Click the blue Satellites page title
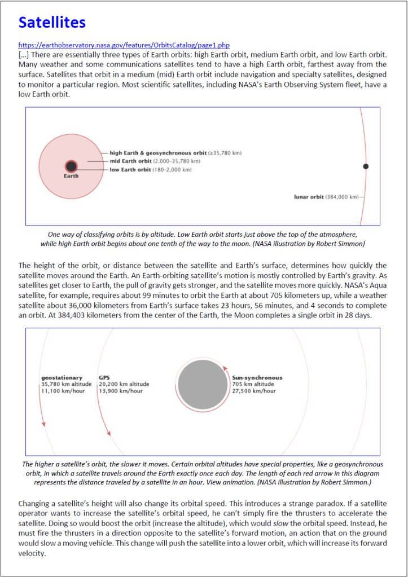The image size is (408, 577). coord(52,23)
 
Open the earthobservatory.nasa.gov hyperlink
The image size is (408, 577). coord(124,45)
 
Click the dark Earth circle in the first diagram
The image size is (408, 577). coord(71,166)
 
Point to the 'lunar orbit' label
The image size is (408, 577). coord(309,197)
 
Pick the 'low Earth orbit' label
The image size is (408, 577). coord(131,169)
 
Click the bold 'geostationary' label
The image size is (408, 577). coord(62,377)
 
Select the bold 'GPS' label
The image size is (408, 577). coord(104,377)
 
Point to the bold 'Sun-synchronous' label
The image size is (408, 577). coord(257,377)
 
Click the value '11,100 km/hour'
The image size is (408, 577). coord(63,390)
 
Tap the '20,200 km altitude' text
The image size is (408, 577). coord(124,384)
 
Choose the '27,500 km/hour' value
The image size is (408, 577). coord(255,390)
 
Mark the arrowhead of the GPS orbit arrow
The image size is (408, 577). coord(108,433)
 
